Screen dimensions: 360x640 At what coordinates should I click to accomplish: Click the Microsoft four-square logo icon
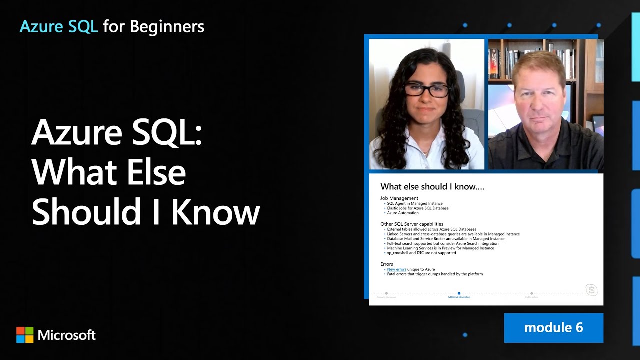(25, 335)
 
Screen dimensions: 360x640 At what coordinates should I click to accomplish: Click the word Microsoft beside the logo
(67, 335)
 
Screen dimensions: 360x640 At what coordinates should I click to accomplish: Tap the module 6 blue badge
(553, 328)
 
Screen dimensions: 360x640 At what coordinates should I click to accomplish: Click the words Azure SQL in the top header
(58, 26)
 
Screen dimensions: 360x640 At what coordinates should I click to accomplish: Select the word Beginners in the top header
(167, 26)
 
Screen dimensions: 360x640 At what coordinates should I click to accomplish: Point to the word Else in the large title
(156, 173)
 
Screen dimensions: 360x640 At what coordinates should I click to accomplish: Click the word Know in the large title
(215, 212)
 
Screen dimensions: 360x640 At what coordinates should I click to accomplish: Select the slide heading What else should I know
(432, 187)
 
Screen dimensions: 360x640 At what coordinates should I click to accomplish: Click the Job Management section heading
(399, 198)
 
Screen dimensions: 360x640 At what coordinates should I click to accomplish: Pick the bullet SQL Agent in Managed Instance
(414, 203)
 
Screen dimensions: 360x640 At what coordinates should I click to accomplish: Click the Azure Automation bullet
(403, 213)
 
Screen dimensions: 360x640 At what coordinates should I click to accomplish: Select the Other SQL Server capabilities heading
(412, 224)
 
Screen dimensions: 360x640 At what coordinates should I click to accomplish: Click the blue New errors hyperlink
(396, 269)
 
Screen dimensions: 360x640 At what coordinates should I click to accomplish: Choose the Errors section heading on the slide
(387, 264)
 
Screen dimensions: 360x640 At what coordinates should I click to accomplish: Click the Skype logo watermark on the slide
(591, 290)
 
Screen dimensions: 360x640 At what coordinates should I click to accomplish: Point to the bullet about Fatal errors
(435, 274)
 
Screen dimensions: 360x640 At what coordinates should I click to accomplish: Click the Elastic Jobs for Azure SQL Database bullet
(417, 208)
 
